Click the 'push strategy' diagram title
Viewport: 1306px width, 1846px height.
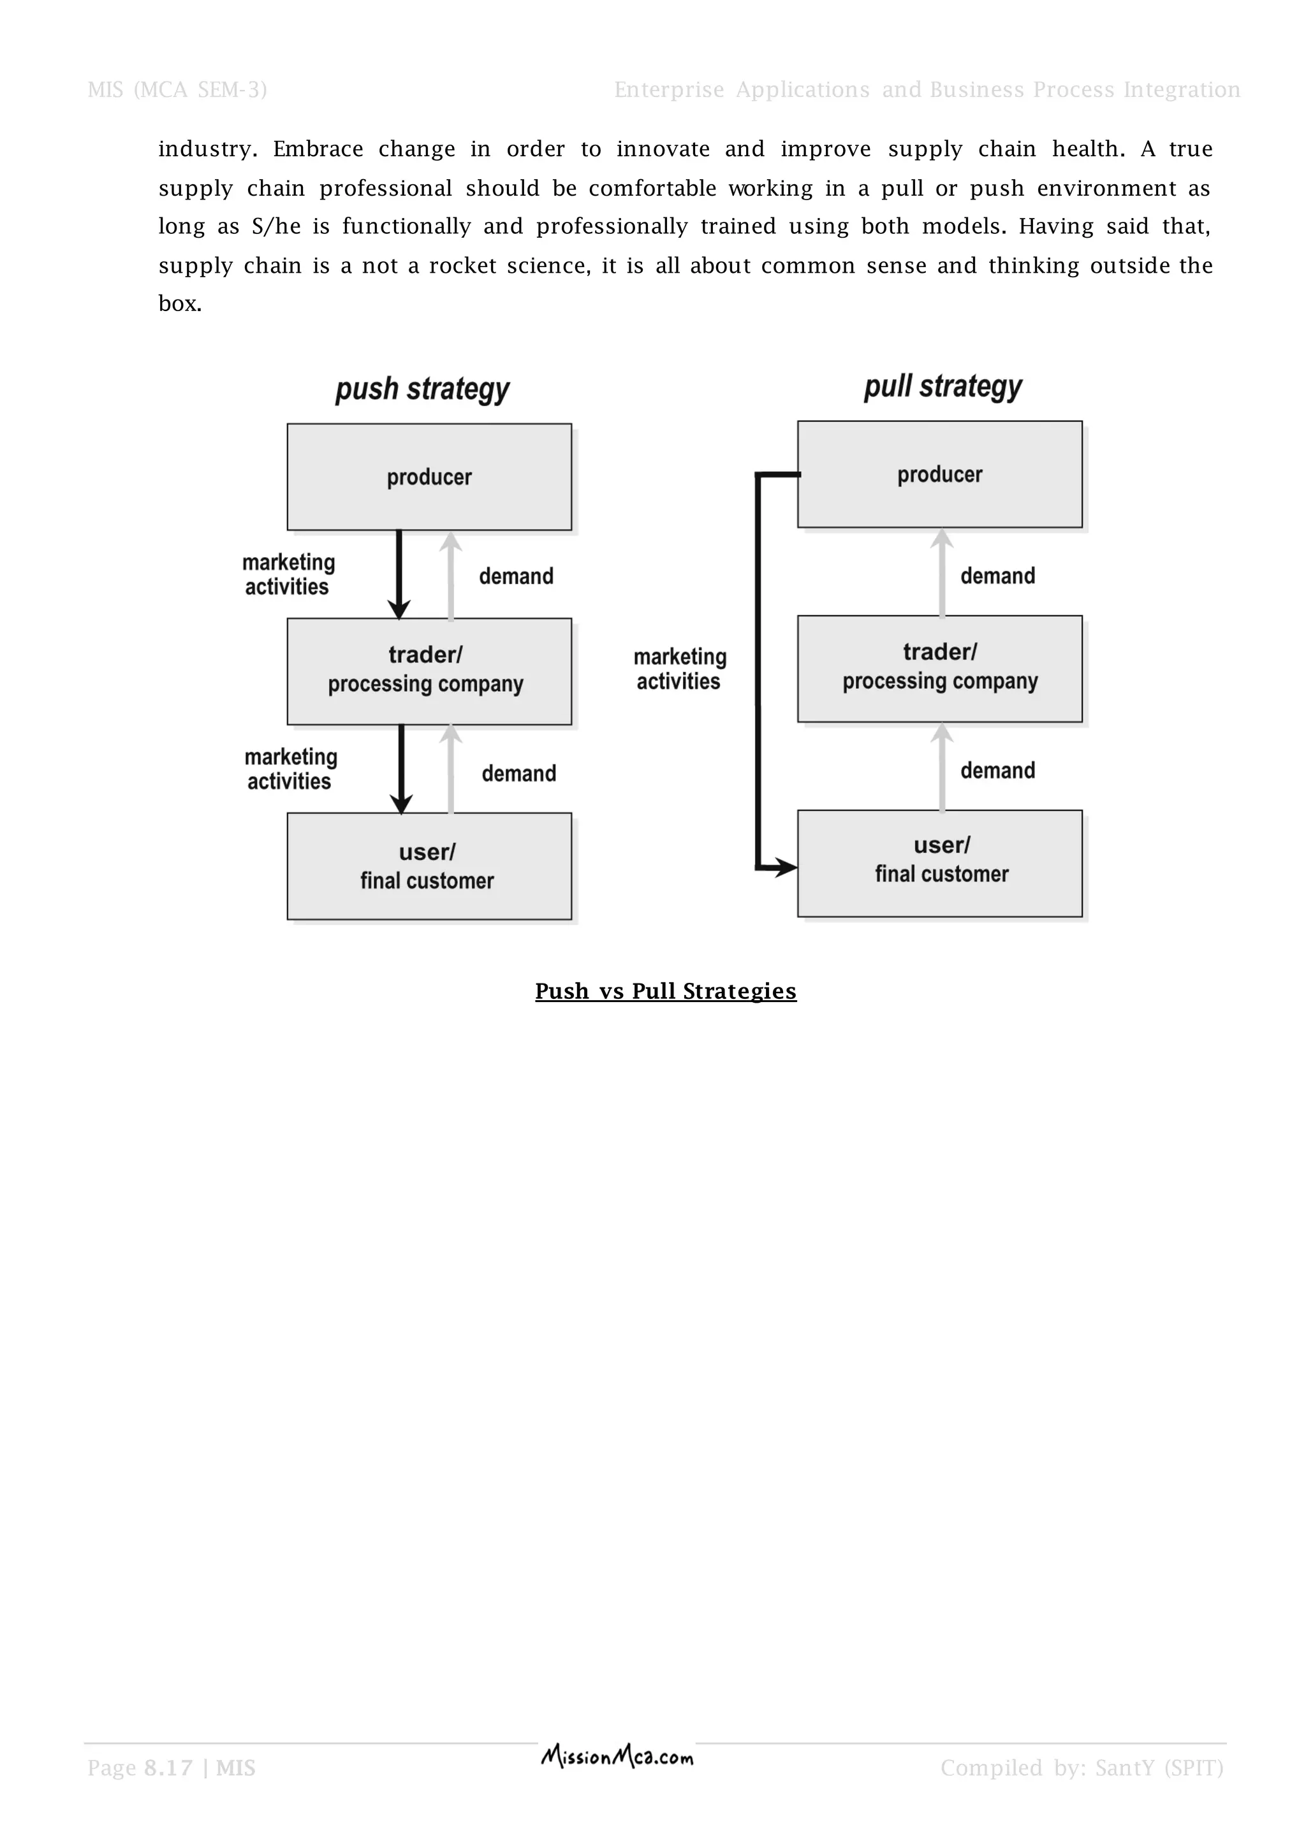click(x=422, y=389)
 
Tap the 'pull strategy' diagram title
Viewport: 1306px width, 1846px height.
click(x=943, y=387)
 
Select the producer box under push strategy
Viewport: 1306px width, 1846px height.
click(x=429, y=477)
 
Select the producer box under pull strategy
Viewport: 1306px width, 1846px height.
click(x=939, y=474)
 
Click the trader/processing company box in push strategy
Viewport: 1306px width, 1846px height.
click(x=429, y=671)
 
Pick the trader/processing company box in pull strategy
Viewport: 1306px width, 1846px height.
click(x=939, y=668)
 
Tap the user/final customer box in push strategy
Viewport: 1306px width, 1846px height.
click(x=429, y=866)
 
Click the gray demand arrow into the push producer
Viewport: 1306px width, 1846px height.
click(x=451, y=574)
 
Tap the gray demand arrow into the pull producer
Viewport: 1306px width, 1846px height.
click(x=942, y=572)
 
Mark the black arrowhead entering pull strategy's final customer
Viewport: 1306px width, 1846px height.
click(x=786, y=868)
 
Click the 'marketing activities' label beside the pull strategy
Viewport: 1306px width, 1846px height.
click(x=680, y=669)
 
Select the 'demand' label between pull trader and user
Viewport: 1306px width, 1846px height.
click(x=997, y=770)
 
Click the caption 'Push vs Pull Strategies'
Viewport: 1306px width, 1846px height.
click(x=665, y=991)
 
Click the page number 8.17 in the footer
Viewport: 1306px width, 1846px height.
click(x=168, y=1767)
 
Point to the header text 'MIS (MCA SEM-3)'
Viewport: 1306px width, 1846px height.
click(x=177, y=89)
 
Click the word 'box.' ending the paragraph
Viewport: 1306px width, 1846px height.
click(x=179, y=303)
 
